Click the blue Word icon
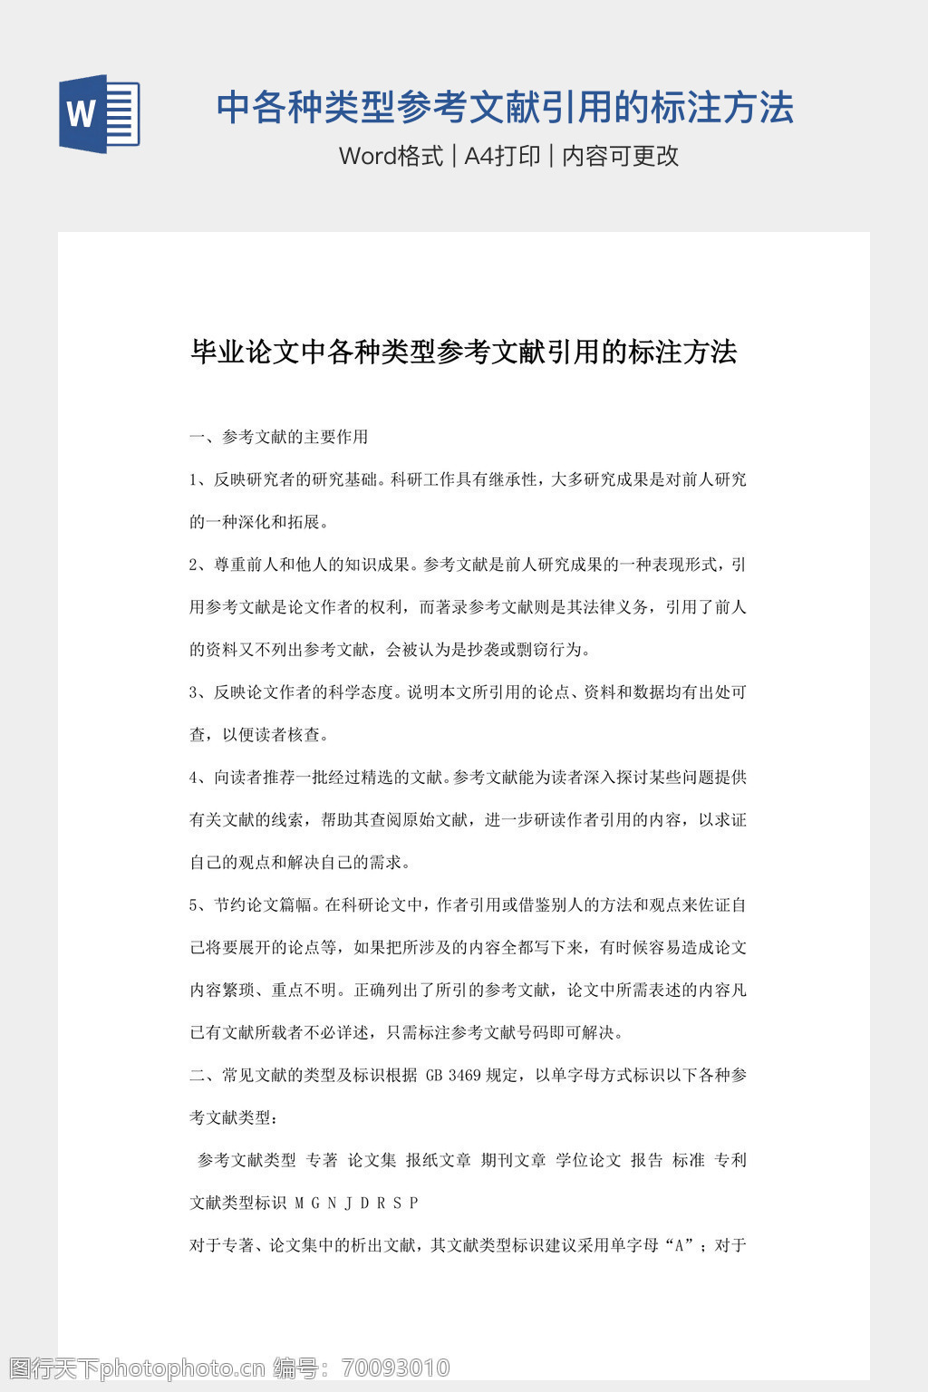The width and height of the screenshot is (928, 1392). (x=99, y=113)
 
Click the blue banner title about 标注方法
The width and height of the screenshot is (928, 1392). (x=505, y=107)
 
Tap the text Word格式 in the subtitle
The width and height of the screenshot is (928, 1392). (x=391, y=156)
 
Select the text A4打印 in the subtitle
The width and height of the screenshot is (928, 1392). (x=502, y=156)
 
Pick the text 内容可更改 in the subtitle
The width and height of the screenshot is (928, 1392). (x=621, y=156)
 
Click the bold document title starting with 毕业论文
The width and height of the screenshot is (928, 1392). (x=463, y=352)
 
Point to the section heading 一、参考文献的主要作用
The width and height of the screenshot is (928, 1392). (x=279, y=437)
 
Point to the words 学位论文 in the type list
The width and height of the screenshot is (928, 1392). (x=589, y=1160)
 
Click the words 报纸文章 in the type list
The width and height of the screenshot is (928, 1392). (x=439, y=1160)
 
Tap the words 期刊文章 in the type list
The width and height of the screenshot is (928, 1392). (x=514, y=1160)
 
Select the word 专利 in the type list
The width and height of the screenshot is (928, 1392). (x=730, y=1160)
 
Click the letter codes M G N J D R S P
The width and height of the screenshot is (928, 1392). (x=357, y=1203)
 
